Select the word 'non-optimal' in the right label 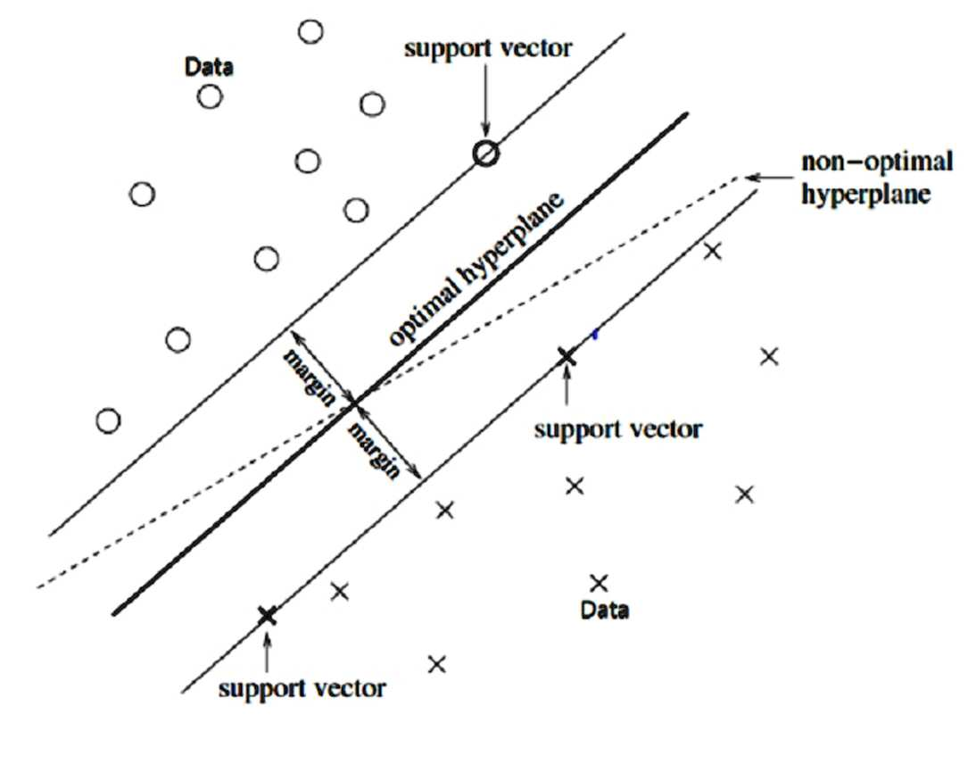click(x=877, y=162)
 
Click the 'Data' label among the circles click(x=209, y=67)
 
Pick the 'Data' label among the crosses click(x=605, y=610)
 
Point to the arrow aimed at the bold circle click(x=486, y=98)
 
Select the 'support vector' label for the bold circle click(x=488, y=48)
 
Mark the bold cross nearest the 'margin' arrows click(x=567, y=357)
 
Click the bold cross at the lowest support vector click(x=267, y=616)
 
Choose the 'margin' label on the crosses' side click(x=375, y=451)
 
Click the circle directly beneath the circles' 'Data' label click(x=210, y=97)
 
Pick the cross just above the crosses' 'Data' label click(x=599, y=583)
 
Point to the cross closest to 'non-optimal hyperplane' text click(x=713, y=251)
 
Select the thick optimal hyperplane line click(x=400, y=364)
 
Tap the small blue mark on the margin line click(x=594, y=335)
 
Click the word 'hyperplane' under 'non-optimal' click(x=865, y=195)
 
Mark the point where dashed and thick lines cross click(x=354, y=404)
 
